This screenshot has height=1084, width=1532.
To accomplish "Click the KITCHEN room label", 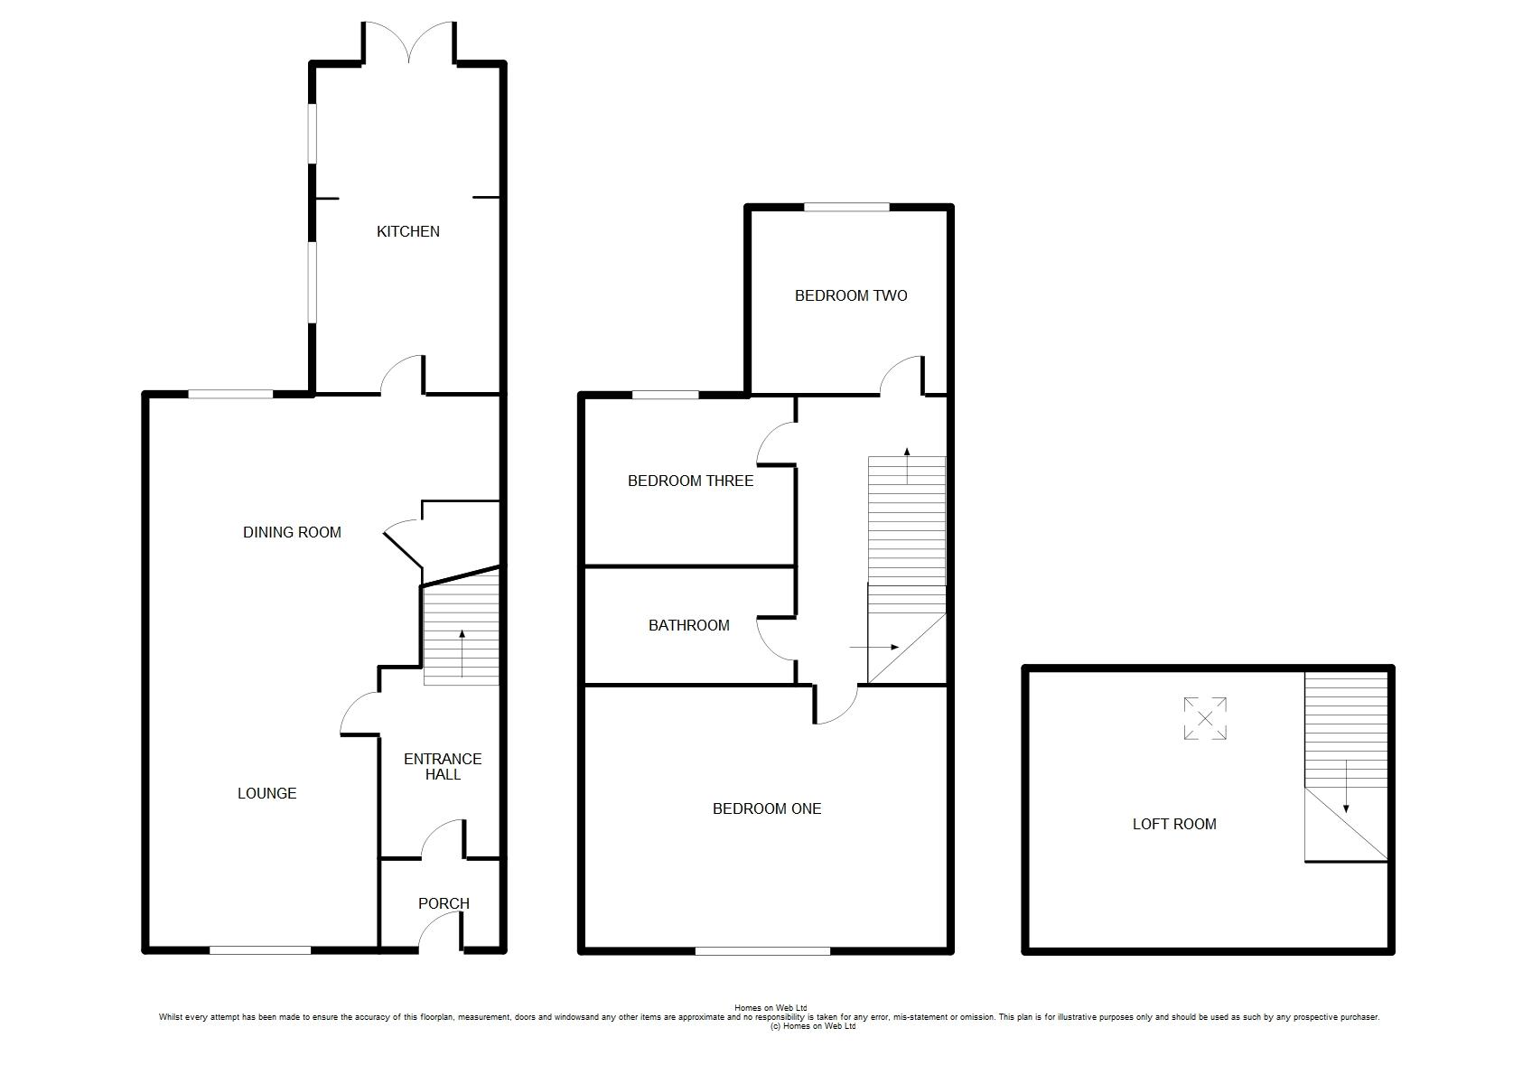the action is coord(407,232).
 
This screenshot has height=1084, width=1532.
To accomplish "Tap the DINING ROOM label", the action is coord(292,532).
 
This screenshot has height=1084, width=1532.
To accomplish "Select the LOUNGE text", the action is coord(266,793).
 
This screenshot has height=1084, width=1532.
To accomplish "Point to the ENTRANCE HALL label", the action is coord(443,767).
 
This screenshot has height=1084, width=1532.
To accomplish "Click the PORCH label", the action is coord(444,903).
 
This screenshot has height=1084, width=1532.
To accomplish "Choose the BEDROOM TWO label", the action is coord(851,295).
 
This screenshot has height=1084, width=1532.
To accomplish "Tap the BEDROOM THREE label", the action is coord(691,481).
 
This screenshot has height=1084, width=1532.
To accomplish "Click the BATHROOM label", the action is coord(688,625).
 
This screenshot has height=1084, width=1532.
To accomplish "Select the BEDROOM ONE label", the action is coord(767,808).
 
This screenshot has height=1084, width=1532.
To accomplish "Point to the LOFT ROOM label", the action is coord(1174,824).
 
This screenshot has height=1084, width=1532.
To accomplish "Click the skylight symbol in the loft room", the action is coord(1205,718).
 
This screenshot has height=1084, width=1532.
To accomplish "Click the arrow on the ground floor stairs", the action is coord(462,653).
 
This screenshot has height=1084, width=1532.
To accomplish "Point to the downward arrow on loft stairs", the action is coord(1346,786).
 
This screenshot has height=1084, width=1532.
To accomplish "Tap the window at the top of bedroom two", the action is coord(846,207).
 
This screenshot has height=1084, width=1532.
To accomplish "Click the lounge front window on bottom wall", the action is coord(260,950).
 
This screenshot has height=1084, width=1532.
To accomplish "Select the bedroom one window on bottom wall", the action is coord(762,950).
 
